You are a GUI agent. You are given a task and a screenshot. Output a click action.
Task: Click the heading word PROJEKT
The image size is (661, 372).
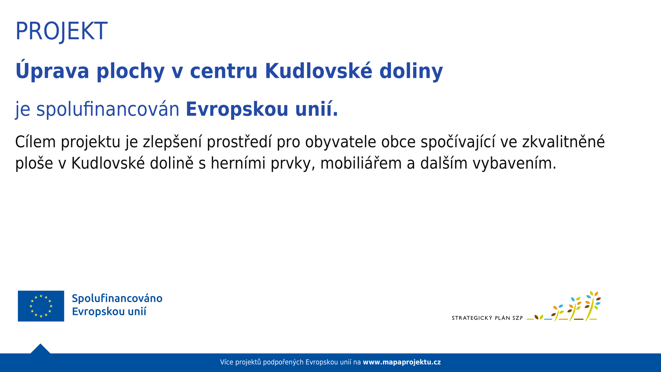(61, 31)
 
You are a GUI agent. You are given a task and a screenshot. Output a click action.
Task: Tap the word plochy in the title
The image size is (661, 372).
(130, 72)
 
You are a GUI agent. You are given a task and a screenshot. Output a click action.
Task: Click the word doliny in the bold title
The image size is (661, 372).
(411, 72)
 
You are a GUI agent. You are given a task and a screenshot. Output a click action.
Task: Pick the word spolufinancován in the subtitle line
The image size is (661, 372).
(108, 110)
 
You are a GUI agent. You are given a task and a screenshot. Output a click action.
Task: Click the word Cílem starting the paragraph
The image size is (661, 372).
(35, 142)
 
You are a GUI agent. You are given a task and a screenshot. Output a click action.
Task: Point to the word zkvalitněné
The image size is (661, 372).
(563, 142)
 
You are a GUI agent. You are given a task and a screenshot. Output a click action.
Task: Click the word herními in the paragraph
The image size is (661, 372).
(238, 163)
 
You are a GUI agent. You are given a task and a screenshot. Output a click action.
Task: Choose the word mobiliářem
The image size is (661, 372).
(361, 163)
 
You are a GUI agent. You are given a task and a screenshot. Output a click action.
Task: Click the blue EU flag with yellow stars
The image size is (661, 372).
(41, 306)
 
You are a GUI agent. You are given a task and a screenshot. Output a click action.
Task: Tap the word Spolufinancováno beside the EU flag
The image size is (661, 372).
(117, 299)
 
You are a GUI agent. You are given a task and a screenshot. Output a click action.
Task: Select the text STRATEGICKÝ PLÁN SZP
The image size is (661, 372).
(487, 318)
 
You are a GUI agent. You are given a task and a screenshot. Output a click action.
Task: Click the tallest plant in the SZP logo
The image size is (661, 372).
(592, 306)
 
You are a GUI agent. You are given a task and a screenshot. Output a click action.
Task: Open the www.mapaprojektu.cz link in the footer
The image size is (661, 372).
(402, 362)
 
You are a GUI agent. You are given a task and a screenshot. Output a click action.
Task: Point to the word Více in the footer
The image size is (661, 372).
(227, 362)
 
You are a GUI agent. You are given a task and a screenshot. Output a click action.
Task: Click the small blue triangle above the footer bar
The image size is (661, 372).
(40, 349)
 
